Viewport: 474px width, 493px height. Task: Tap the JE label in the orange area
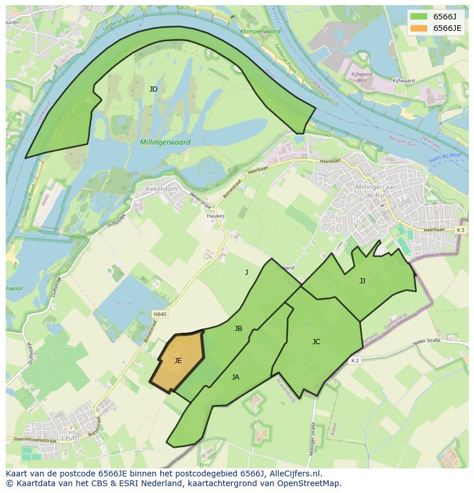click(x=178, y=361)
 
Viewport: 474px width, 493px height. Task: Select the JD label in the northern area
click(x=153, y=89)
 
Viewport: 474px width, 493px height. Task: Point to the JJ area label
click(x=362, y=281)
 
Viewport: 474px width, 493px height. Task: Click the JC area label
click(x=316, y=342)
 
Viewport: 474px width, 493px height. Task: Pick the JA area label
click(x=235, y=377)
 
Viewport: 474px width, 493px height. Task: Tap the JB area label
click(x=238, y=329)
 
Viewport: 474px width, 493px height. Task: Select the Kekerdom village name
click(x=162, y=188)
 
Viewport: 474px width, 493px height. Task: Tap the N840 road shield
click(x=160, y=314)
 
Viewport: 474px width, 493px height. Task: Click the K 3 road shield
click(x=461, y=230)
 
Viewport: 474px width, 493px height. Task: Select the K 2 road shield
click(x=355, y=360)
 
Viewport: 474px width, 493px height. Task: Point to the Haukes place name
click(x=216, y=216)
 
